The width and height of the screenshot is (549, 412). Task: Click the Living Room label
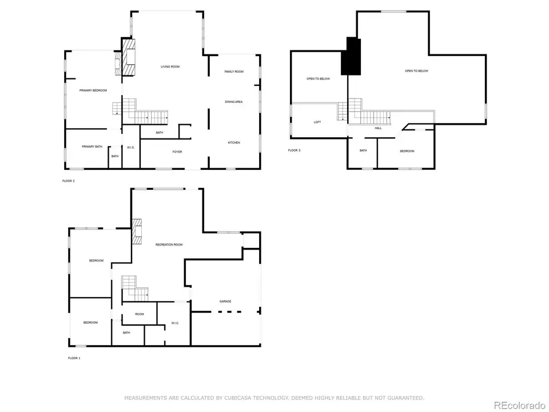pyautogui.click(x=170, y=67)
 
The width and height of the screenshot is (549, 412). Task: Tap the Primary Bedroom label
pyautogui.click(x=93, y=90)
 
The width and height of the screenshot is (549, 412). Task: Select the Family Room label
pyautogui.click(x=234, y=72)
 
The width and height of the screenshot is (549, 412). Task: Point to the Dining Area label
pyautogui.click(x=234, y=102)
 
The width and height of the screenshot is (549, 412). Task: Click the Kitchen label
pyautogui.click(x=234, y=142)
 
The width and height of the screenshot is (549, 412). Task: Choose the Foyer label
pyautogui.click(x=178, y=152)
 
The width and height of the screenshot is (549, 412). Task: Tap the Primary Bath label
pyautogui.click(x=92, y=147)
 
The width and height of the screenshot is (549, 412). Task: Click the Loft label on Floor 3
pyautogui.click(x=317, y=122)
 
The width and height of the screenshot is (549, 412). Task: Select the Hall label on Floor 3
pyautogui.click(x=378, y=128)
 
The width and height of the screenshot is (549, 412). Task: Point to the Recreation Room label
pyautogui.click(x=169, y=245)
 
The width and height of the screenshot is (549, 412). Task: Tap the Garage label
pyautogui.click(x=225, y=301)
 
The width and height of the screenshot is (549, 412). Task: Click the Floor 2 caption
pyautogui.click(x=69, y=181)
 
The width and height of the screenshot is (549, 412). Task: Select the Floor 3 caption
pyautogui.click(x=294, y=150)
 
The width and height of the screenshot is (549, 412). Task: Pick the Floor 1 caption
pyautogui.click(x=74, y=358)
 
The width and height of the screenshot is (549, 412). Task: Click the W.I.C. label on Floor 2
pyautogui.click(x=130, y=148)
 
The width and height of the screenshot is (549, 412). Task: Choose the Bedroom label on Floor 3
pyautogui.click(x=407, y=151)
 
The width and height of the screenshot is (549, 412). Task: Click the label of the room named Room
pyautogui.click(x=140, y=314)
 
